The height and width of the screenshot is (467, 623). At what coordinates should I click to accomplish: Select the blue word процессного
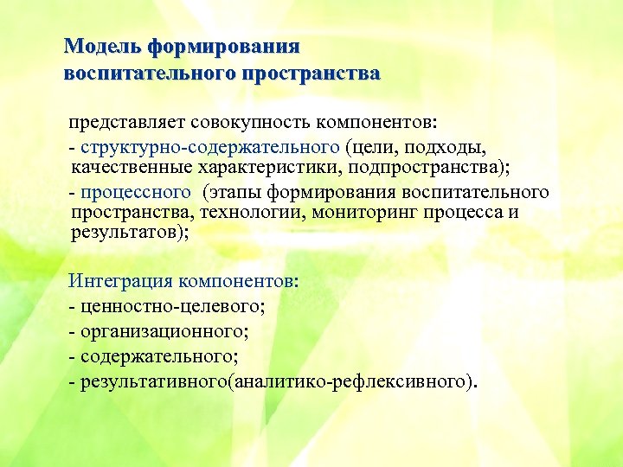pos(134,191)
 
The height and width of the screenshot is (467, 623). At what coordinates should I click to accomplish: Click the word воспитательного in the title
pos(150,73)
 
